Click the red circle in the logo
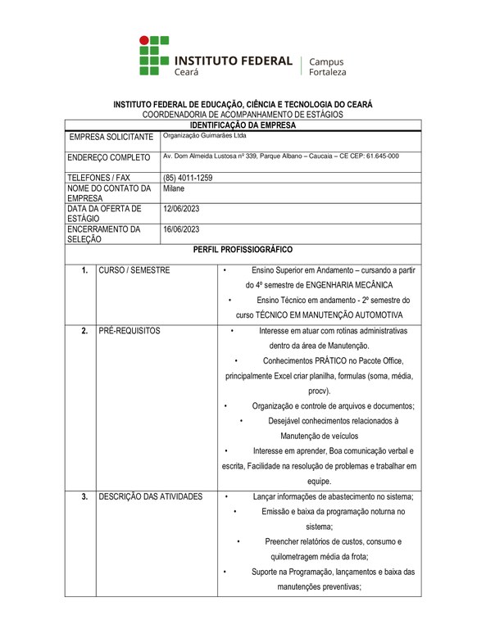(x=144, y=39)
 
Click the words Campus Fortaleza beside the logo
(x=327, y=66)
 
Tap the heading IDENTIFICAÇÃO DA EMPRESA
(x=243, y=125)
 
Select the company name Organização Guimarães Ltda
(x=205, y=136)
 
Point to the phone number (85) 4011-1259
(x=188, y=178)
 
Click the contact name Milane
(x=174, y=188)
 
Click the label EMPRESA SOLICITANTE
(x=111, y=137)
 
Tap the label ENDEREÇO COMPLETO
(x=109, y=157)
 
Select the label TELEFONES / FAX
(x=99, y=178)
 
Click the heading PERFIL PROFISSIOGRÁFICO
(x=243, y=249)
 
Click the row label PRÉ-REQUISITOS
(x=129, y=331)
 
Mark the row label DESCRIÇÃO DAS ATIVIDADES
(x=150, y=496)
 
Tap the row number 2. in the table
(x=84, y=331)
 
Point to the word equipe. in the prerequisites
(x=319, y=481)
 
